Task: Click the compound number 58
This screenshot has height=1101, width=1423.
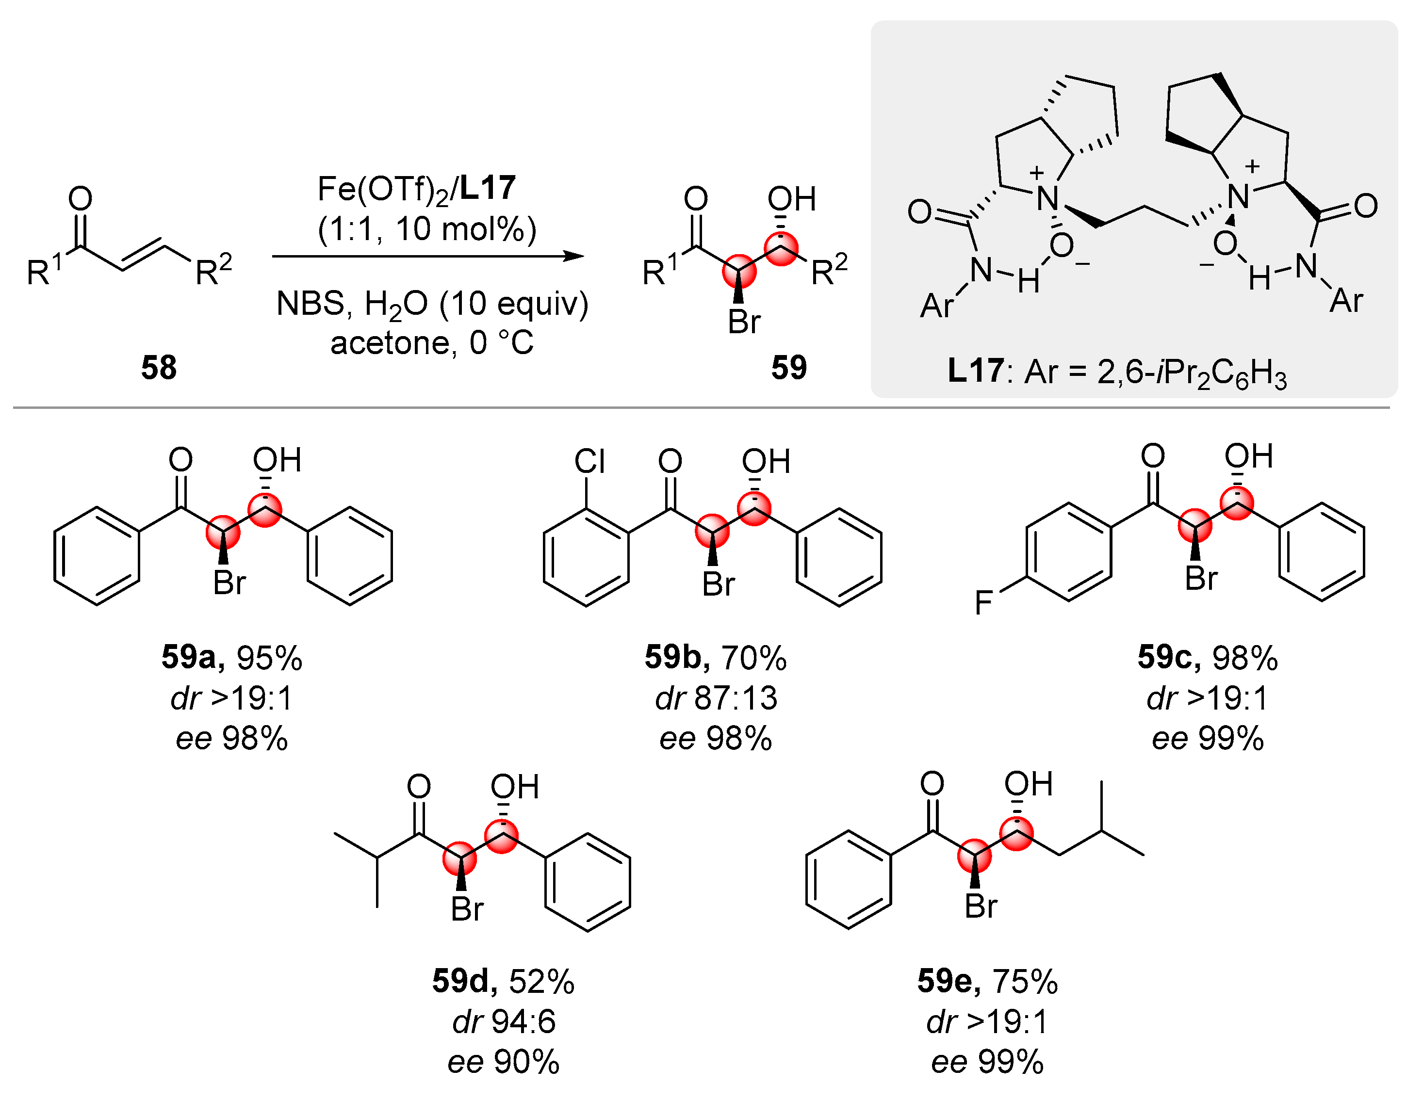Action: point(158,368)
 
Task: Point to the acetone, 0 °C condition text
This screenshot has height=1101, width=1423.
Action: point(431,343)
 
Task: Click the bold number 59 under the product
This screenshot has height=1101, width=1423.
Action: point(788,368)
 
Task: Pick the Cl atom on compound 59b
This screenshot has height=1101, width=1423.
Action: point(589,462)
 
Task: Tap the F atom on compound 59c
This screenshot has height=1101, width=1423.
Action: point(983,602)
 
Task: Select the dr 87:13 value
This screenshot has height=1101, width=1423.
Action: point(716,698)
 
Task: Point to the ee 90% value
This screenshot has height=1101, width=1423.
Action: point(503,1062)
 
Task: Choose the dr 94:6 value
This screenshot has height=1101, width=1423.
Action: point(504,1021)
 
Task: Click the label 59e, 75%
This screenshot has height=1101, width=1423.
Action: point(987,981)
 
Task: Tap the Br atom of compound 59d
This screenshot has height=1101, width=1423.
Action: point(467,909)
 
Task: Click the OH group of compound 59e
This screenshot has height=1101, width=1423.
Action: point(1028,784)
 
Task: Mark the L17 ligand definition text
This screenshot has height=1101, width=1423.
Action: point(1117,372)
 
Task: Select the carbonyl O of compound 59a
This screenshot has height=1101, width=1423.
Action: point(180,460)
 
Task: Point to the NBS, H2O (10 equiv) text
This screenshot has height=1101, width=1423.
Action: point(432,304)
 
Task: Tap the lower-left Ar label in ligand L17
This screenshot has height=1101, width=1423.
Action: point(937,306)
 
